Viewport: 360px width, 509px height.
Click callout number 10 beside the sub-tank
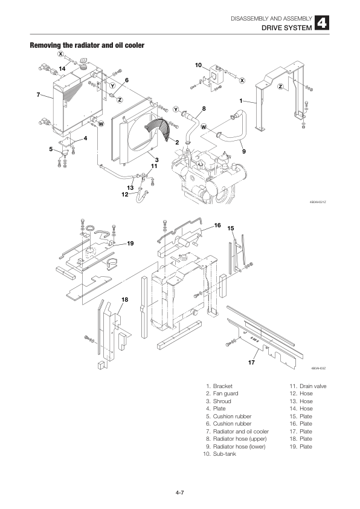pyautogui.click(x=198, y=64)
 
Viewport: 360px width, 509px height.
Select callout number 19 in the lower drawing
pyautogui.click(x=130, y=243)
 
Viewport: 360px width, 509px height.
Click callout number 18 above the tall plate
pyautogui.click(x=125, y=299)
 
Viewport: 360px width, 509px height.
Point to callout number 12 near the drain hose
pyautogui.click(x=125, y=194)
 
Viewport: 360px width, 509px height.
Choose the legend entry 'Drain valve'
pyautogui.click(x=313, y=386)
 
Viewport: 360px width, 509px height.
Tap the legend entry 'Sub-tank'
pyautogui.click(x=224, y=454)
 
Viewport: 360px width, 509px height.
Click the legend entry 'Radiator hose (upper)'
pyautogui.click(x=239, y=439)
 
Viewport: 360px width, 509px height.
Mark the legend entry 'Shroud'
pyautogui.click(x=222, y=401)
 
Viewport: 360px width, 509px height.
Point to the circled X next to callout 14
pyautogui.click(x=60, y=54)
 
